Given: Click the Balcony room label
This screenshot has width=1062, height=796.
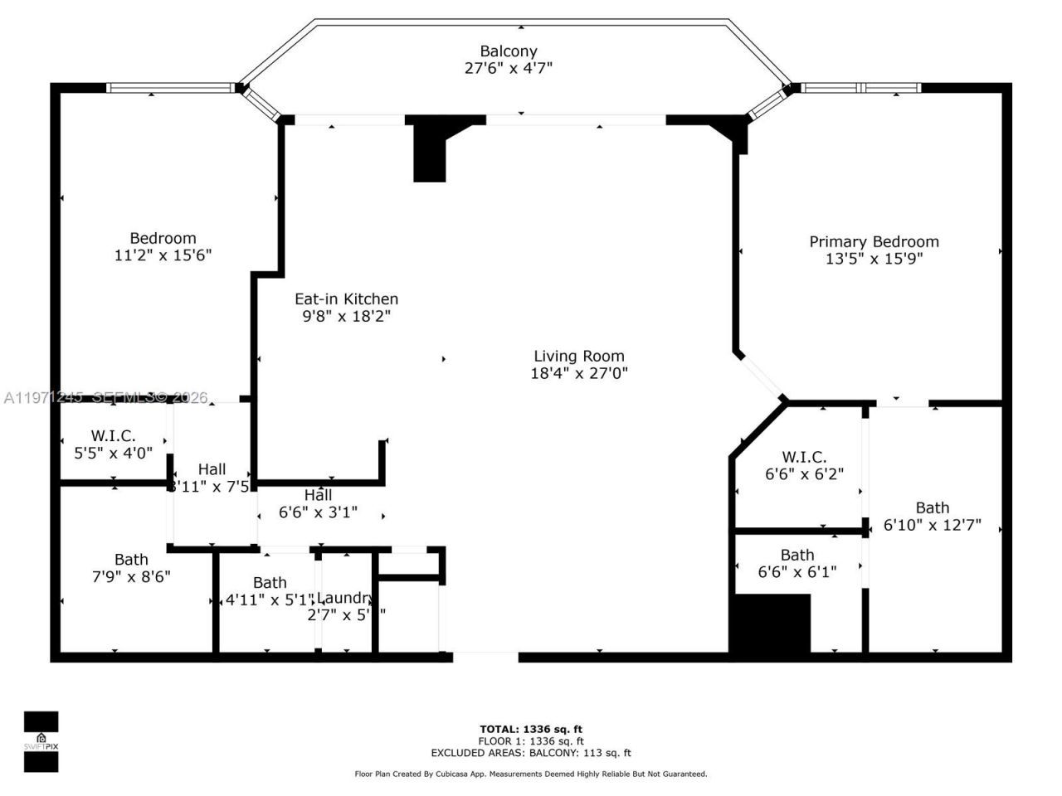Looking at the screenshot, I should (509, 51).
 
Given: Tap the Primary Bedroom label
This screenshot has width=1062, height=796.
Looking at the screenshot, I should (874, 241).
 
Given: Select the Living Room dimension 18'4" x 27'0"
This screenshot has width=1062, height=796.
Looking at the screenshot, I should (579, 373).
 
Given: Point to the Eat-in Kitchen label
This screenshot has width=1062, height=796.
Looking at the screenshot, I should (346, 298).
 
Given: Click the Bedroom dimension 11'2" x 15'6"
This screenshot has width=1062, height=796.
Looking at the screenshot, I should (163, 255).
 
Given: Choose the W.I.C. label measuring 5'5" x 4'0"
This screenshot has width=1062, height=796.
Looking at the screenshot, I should (113, 435).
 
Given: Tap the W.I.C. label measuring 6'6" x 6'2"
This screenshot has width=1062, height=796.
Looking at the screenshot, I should (803, 457).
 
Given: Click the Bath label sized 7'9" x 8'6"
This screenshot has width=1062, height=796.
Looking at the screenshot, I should (131, 560).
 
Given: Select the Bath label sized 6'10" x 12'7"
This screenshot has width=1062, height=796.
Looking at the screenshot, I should (932, 507).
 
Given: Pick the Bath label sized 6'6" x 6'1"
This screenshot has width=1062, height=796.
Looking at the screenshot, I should (796, 555).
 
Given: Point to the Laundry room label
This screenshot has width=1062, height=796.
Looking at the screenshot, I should (344, 598).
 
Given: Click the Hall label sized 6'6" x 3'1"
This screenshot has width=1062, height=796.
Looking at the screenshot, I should (318, 495).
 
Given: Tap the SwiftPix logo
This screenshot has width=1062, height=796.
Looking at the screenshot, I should (41, 741).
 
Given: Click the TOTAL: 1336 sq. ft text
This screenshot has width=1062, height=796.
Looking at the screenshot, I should (530, 730).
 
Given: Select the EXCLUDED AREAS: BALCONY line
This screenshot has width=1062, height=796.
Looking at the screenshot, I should (530, 753).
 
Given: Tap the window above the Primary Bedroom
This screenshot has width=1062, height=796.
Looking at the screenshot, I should (860, 87).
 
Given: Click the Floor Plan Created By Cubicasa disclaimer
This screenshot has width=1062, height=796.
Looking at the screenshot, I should (530, 774).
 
